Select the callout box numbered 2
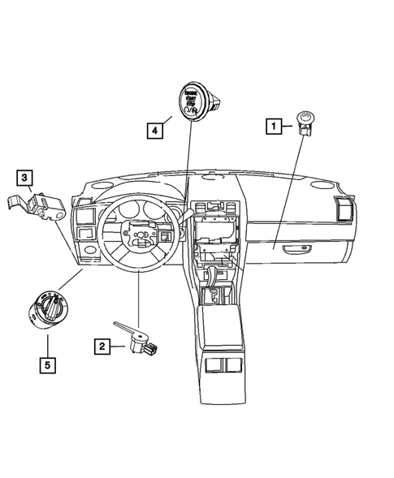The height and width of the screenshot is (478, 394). pos(102,347)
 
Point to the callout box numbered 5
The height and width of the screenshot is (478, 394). pos(47,365)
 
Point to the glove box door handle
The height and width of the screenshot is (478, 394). pos(301,247)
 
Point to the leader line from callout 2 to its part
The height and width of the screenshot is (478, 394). pos(138,300)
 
